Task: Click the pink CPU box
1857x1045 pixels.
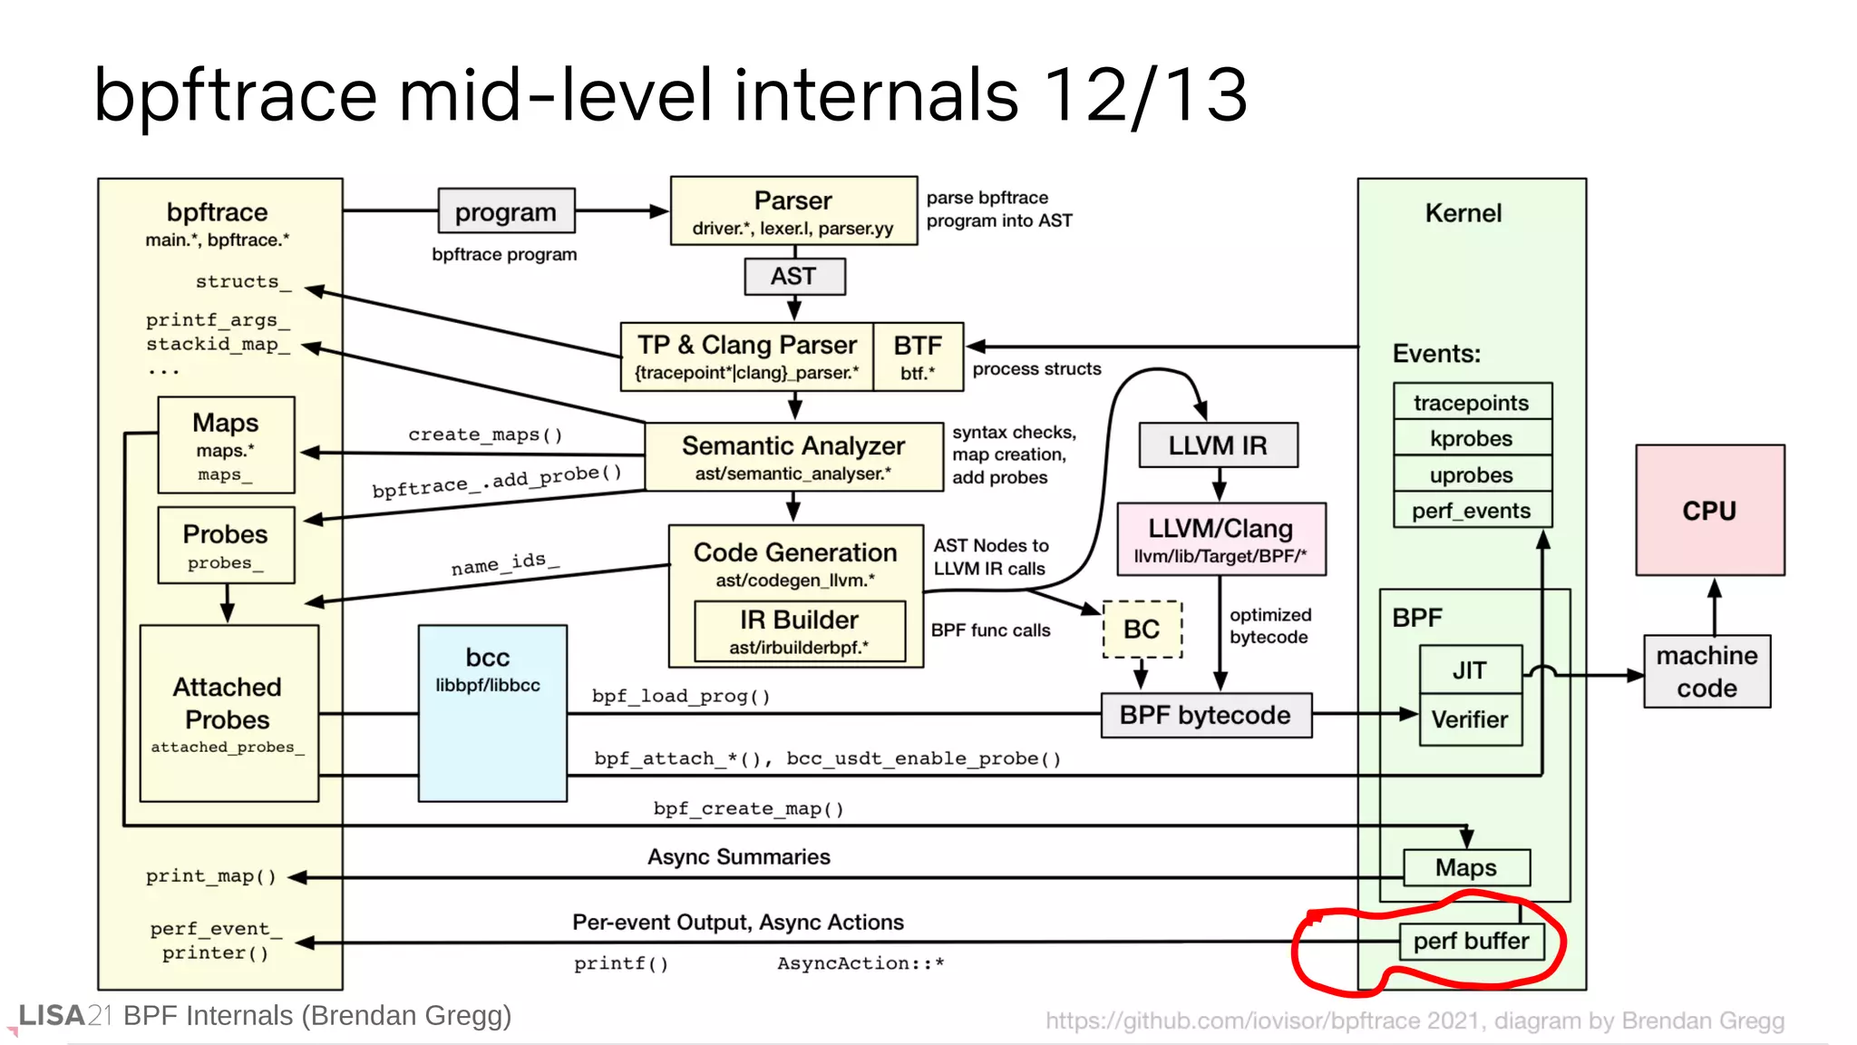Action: coord(1709,510)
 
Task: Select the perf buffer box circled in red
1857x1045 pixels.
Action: coord(1471,941)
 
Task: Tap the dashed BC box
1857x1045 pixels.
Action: coord(1142,629)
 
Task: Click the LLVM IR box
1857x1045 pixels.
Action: coord(1217,445)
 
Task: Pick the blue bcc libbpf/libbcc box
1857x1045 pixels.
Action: coord(492,713)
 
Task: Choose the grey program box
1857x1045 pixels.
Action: coord(506,211)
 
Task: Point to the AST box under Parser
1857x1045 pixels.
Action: coord(794,276)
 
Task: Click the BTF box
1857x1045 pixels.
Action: coord(918,356)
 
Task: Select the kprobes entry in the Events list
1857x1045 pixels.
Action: coord(1472,438)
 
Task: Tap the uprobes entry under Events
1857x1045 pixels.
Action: coord(1472,474)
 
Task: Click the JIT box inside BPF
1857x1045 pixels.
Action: coord(1470,669)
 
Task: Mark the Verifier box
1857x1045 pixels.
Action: coord(1470,719)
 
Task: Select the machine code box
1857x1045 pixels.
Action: coord(1706,671)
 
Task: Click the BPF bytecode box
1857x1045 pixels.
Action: coord(1205,715)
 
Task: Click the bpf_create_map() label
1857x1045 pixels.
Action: coord(749,808)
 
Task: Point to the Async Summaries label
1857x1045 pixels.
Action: coord(739,856)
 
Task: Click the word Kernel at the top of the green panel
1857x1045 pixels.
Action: coord(1463,213)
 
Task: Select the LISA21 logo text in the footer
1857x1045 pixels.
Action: coord(64,1015)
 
